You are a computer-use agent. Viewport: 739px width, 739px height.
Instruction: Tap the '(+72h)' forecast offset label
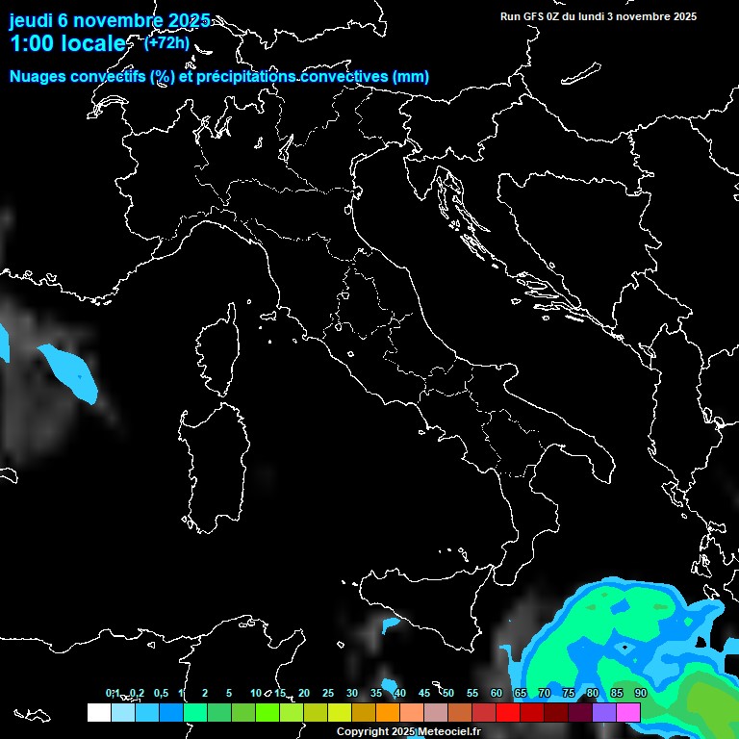(166, 43)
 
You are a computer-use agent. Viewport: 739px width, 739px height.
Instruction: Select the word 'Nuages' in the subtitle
(37, 77)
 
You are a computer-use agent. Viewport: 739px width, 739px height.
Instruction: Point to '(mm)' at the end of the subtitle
(410, 77)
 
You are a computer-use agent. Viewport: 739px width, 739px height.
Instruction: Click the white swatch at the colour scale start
(98, 712)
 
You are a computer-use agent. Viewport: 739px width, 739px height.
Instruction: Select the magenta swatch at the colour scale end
(628, 712)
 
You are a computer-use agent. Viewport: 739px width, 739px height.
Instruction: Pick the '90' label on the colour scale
(641, 693)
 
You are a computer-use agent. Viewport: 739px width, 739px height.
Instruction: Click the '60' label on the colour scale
(497, 693)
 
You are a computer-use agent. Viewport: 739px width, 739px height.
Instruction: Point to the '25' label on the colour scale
(328, 693)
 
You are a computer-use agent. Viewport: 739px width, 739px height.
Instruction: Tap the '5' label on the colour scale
(229, 693)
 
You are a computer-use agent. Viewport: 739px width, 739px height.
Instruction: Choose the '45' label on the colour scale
(424, 693)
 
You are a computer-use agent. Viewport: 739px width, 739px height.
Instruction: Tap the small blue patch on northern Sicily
(390, 625)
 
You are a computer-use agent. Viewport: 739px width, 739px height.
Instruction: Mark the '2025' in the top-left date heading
(182, 20)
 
